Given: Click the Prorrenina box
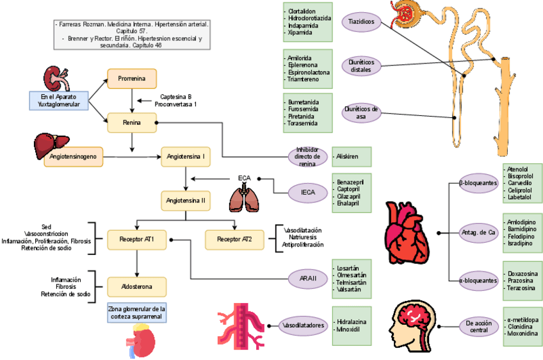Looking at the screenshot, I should pos(131,79).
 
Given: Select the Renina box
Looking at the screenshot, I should pos(131,122).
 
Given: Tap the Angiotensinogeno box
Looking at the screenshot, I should pos(74,156).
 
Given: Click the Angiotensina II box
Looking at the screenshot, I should pos(186,200).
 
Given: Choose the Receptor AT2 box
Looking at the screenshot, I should pos(234,240).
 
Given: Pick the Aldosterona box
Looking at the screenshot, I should pos(136,285).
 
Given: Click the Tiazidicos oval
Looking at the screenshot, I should pos(362,22).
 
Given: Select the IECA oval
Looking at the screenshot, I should pos(308,192).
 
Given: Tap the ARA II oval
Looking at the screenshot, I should pos(308,279).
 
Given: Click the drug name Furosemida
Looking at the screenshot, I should pos(302,109).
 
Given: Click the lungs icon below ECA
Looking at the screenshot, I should pos(244,197).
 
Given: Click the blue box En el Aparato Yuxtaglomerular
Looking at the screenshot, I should pos(59,100).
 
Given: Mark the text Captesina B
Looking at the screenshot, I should pos(175,96).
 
